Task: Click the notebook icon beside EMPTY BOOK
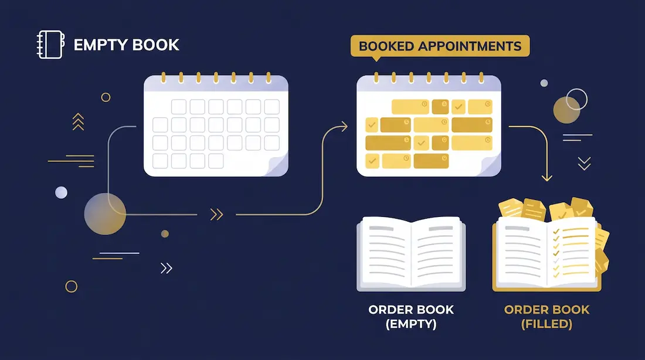(50, 45)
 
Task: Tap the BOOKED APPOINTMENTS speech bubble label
(440, 46)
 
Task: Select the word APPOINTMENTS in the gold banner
(470, 46)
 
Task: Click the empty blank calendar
(216, 125)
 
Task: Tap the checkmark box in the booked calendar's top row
(459, 107)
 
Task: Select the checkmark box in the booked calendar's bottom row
(372, 161)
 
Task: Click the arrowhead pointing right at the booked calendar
(344, 126)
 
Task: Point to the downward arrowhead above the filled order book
(546, 178)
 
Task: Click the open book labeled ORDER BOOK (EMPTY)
(412, 253)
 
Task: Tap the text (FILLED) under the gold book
(546, 324)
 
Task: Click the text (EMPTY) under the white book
(411, 324)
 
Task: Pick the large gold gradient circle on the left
(105, 214)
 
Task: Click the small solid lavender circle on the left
(62, 192)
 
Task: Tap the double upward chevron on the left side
(78, 122)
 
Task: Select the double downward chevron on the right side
(584, 164)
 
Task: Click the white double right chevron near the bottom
(166, 269)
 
